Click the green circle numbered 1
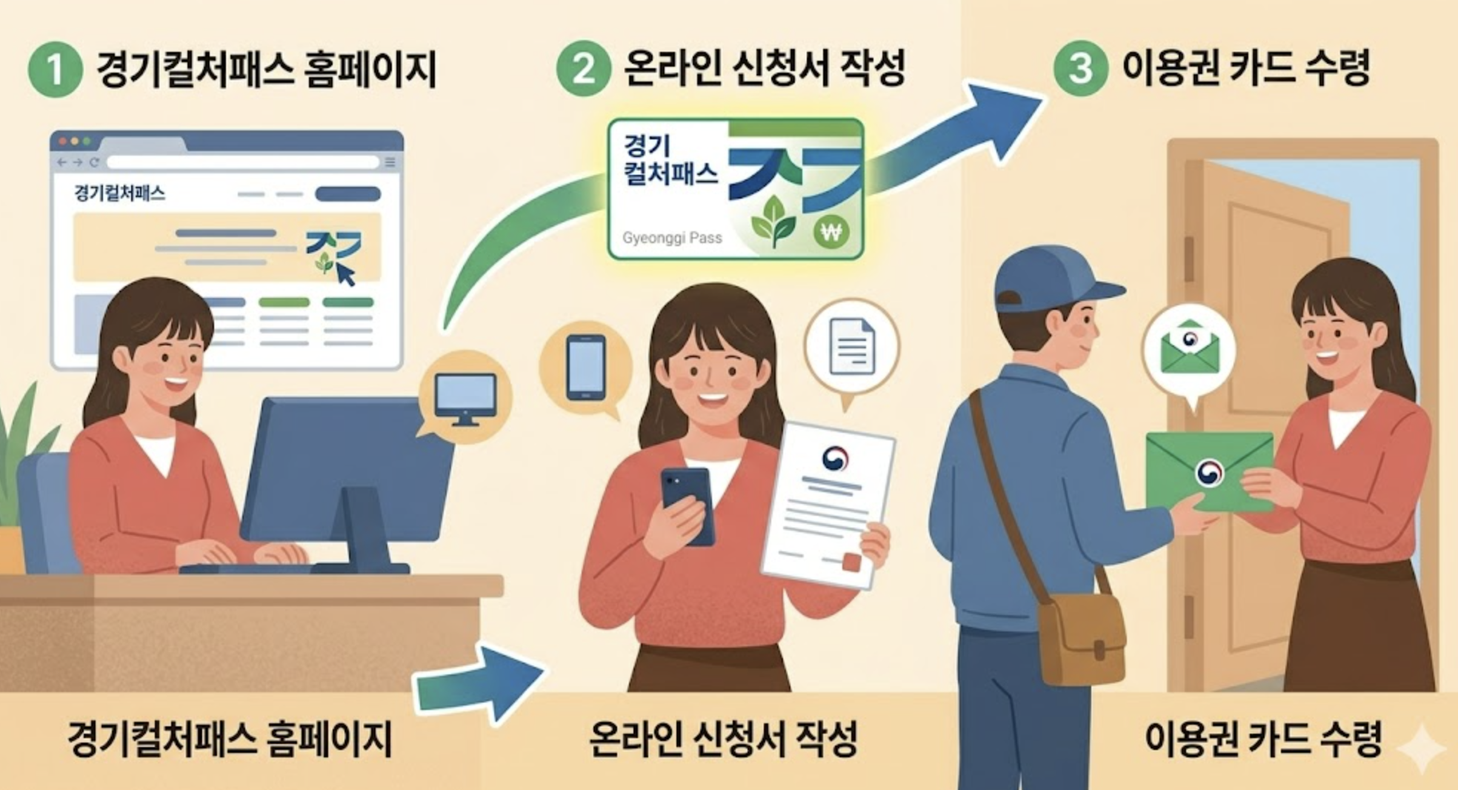tap(55, 70)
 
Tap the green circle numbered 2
tap(583, 69)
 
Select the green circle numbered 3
tap(1079, 68)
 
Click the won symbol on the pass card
tap(831, 233)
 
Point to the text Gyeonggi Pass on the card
tap(672, 238)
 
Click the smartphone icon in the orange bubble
tap(585, 368)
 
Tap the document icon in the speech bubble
tap(851, 345)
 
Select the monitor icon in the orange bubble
tap(465, 399)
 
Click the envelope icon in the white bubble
tap(1189, 348)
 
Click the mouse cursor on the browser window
tap(346, 274)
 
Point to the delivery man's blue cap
tap(1052, 279)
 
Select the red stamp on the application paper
tap(852, 562)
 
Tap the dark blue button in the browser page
tap(347, 194)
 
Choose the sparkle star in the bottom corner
tap(1421, 748)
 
